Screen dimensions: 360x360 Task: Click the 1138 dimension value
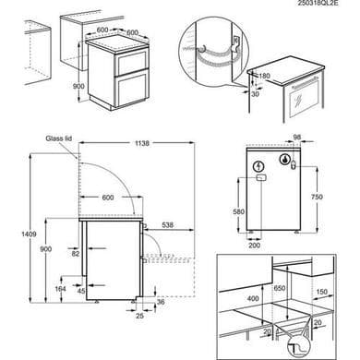pos(141,143)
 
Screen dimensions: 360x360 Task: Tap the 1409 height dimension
pos(29,234)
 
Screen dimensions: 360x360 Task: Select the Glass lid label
pos(59,138)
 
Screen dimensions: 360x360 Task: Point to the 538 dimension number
pos(167,225)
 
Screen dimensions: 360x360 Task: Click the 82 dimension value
pos(76,254)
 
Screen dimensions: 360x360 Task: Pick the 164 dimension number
pos(61,289)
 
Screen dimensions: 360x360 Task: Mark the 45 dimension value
pos(81,291)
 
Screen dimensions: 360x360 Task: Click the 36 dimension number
pos(161,302)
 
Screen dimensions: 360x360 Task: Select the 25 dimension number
pos(139,316)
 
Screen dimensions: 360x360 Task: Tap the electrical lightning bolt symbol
pos(259,167)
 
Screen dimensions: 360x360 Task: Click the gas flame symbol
pos(285,160)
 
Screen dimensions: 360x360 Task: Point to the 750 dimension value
pos(317,197)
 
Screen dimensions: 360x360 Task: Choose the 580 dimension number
pos(238,211)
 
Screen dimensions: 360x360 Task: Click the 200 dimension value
pos(254,246)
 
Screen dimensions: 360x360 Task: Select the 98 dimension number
pos(296,138)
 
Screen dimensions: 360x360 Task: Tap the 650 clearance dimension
pos(280,288)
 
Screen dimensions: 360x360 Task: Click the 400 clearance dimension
pos(253,298)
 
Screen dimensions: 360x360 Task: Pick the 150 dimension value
pos(322,292)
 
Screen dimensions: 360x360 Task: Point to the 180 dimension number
pos(264,76)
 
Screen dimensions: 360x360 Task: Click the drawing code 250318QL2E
pos(318,3)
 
